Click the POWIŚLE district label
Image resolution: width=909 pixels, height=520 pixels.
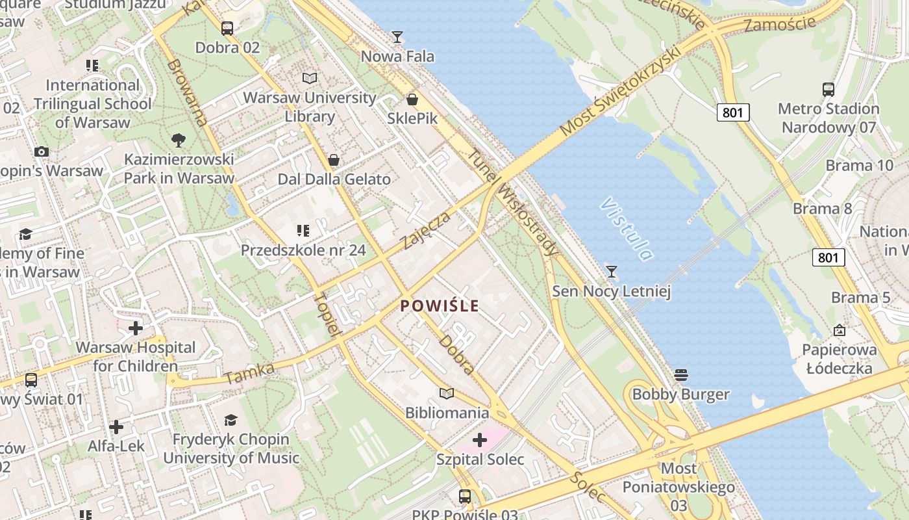tap(440, 305)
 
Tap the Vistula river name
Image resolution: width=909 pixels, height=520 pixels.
tap(626, 229)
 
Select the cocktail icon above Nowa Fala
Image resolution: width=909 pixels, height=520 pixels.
tap(397, 37)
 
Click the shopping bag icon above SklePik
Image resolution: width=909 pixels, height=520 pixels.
tap(412, 99)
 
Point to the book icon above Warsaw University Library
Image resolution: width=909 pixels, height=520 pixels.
tap(310, 79)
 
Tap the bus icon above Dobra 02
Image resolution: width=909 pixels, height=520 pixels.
tap(227, 29)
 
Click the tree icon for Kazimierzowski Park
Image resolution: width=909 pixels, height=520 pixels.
tap(178, 140)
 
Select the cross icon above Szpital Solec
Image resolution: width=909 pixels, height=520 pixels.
tap(480, 441)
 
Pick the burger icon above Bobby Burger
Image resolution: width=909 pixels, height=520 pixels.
tap(680, 375)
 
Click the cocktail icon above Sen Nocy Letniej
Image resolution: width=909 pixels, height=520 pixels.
tap(611, 271)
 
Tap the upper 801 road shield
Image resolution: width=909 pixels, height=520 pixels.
tap(733, 112)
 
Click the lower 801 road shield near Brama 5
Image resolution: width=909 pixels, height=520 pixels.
tap(828, 257)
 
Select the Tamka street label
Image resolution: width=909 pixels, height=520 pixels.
tap(249, 373)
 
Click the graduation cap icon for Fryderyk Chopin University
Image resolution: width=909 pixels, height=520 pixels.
tap(230, 420)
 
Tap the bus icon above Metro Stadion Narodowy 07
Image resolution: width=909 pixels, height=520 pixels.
tap(828, 90)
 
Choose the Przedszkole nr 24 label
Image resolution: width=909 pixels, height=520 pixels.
tap(303, 250)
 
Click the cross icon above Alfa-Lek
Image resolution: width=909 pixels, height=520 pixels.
tap(116, 427)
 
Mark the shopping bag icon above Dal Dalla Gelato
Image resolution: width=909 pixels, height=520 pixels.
tap(334, 160)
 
